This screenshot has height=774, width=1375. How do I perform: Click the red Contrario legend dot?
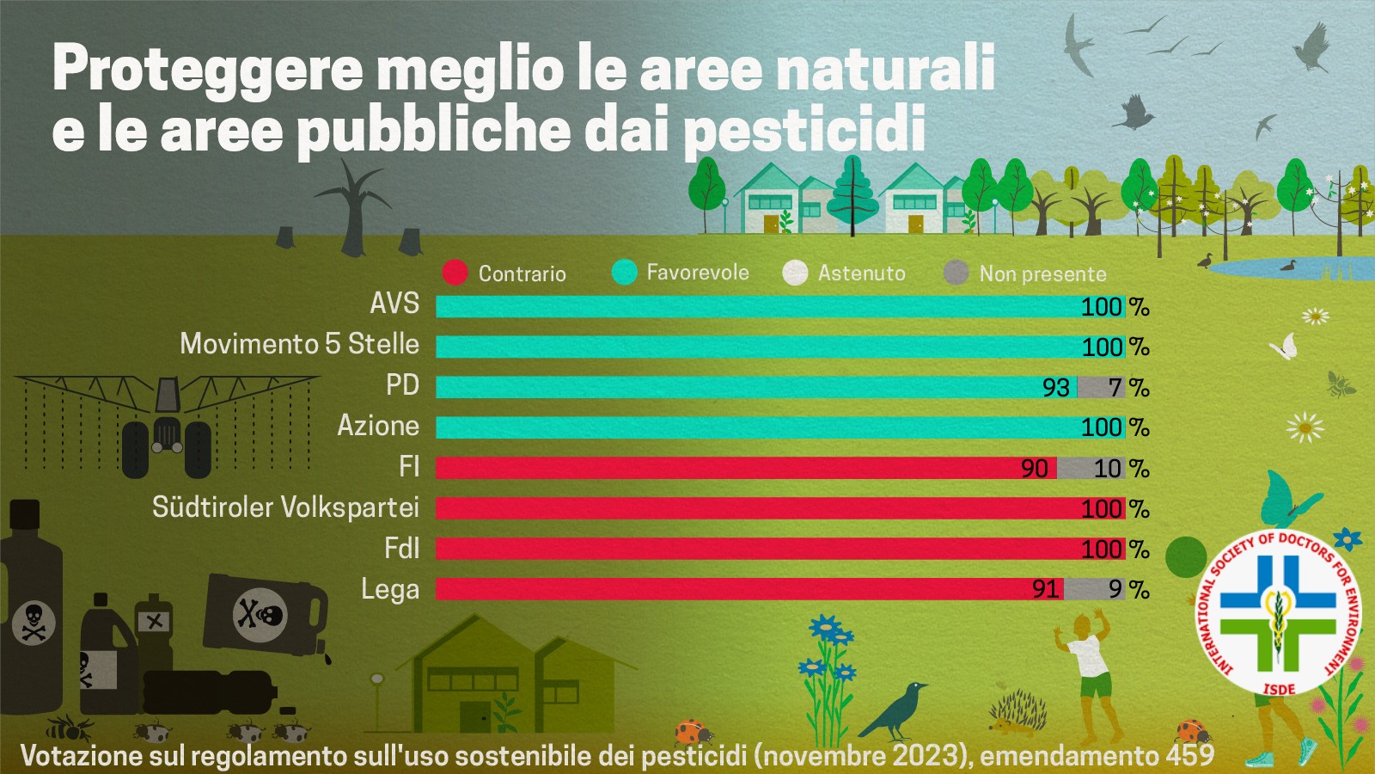click(x=455, y=273)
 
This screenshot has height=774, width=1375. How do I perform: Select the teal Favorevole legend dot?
click(x=624, y=272)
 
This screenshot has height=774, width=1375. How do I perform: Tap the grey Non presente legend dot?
click(x=956, y=273)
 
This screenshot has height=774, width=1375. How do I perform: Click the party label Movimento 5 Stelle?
click(x=299, y=344)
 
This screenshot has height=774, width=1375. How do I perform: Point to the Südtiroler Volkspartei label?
click(x=285, y=507)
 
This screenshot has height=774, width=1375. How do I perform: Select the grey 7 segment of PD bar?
click(x=1102, y=387)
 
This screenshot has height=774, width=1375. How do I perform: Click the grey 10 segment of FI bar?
click(x=1091, y=468)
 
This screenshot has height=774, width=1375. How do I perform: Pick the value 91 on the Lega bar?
click(x=1045, y=589)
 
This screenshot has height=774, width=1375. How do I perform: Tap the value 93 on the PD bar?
click(x=1055, y=388)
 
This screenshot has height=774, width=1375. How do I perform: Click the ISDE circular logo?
click(x=1279, y=613)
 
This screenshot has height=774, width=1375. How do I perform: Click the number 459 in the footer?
click(x=1189, y=755)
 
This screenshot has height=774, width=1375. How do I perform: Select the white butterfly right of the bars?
click(x=1285, y=347)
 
